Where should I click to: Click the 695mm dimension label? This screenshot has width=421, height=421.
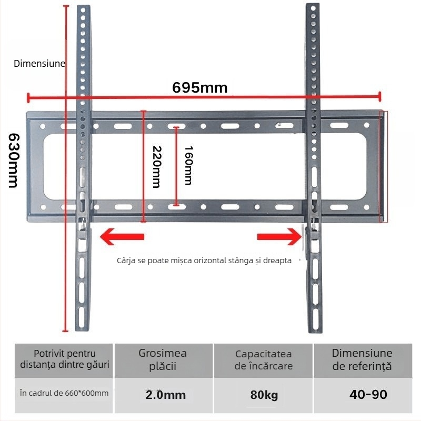[x=200, y=88]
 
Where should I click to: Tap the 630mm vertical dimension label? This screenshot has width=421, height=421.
[x=13, y=159]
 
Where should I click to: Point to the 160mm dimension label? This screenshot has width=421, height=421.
[x=188, y=165]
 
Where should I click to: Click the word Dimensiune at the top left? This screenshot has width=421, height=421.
[x=39, y=64]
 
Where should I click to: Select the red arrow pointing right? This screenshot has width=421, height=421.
[x=279, y=237]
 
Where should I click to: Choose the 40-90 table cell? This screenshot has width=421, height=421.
[x=363, y=394]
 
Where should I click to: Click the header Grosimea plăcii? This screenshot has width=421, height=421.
[x=163, y=359]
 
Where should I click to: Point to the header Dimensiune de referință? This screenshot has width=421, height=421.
[x=363, y=359]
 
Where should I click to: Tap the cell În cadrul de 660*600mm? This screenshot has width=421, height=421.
[x=64, y=393]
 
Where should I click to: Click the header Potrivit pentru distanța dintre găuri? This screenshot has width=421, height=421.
[x=65, y=359]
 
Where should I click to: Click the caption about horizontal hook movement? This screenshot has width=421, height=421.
[x=204, y=260]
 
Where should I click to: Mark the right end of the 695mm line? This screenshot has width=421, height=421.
[x=379, y=96]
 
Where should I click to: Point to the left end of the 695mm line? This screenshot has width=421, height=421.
[x=28, y=96]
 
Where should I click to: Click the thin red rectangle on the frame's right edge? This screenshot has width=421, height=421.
[x=384, y=166]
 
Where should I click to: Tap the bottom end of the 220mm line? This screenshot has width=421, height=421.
[x=143, y=221]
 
